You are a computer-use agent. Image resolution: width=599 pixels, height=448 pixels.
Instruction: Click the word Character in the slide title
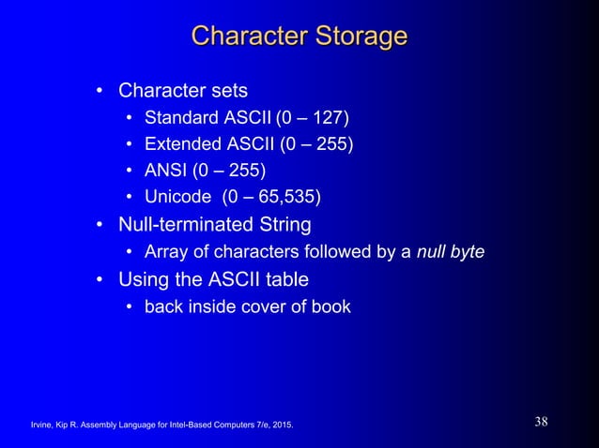click(x=247, y=37)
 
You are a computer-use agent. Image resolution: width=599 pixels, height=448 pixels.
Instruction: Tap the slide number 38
click(x=542, y=422)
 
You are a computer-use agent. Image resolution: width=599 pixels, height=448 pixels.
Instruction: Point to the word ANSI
click(x=165, y=171)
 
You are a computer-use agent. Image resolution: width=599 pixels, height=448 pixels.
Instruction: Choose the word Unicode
click(x=177, y=197)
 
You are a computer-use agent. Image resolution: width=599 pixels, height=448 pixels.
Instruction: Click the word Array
click(x=165, y=252)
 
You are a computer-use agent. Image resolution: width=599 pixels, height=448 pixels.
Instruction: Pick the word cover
click(x=251, y=306)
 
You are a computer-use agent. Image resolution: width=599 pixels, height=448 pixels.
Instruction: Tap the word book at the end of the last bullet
click(x=331, y=306)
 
